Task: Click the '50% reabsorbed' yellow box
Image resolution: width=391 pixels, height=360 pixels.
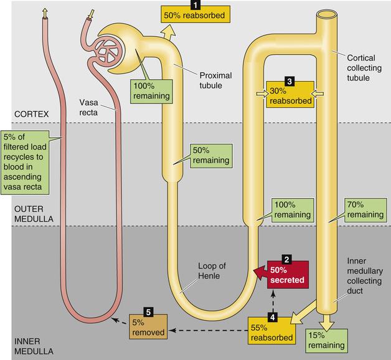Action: click(195, 14)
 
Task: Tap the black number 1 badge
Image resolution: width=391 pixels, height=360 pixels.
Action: click(195, 3)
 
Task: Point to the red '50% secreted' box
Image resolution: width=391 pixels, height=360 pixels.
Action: click(288, 274)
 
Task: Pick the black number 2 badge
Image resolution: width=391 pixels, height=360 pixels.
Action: click(287, 258)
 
